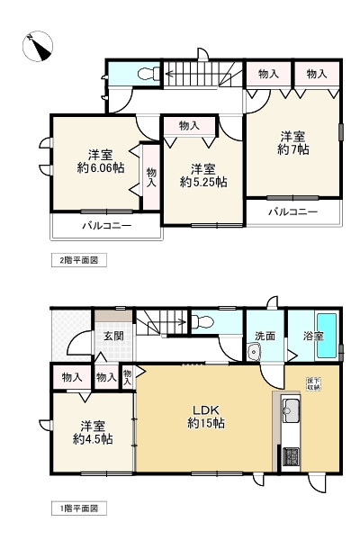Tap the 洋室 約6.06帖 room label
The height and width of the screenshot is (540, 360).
point(100,160)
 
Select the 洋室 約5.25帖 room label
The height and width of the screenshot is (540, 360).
point(202,175)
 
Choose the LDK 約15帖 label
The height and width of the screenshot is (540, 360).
point(206,414)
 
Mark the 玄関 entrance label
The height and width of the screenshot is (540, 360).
point(112,336)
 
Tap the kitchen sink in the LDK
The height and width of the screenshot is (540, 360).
point(292,411)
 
